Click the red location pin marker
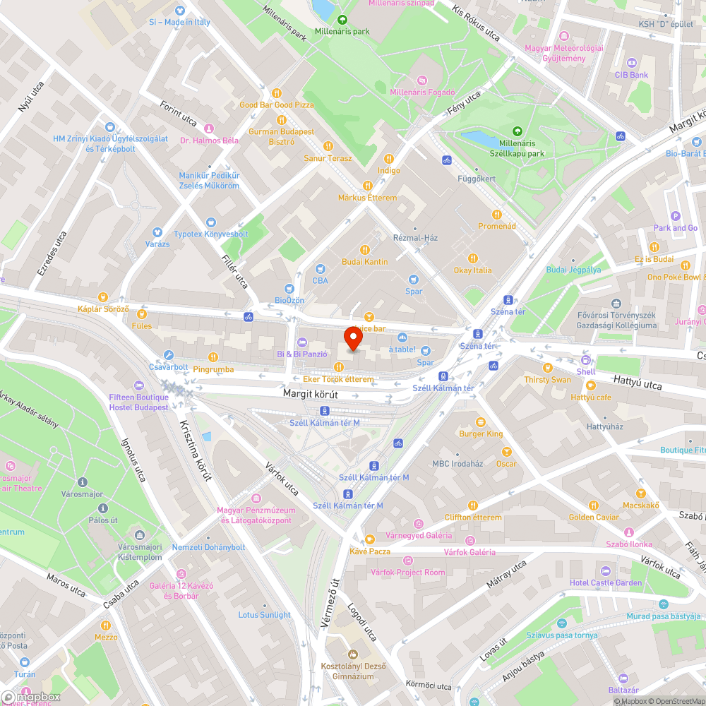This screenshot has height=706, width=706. click(353, 339)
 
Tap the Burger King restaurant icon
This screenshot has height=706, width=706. click(481, 421)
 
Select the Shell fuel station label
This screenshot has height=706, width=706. click(585, 371)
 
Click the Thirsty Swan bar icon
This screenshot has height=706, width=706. click(547, 367)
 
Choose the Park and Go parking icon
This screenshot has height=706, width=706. click(675, 216)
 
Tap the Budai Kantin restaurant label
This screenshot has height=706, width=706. click(365, 262)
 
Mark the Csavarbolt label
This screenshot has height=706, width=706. click(169, 367)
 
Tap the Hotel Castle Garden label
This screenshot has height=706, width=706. click(606, 582)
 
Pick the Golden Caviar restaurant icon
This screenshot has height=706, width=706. click(594, 505)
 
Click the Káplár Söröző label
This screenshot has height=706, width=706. click(103, 309)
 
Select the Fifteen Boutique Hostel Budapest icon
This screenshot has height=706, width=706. click(138, 385)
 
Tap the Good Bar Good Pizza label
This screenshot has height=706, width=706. click(276, 105)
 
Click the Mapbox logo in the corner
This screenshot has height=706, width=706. click(30, 698)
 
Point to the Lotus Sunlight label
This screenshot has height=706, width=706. click(264, 615)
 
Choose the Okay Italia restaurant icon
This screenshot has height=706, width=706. click(473, 258)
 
